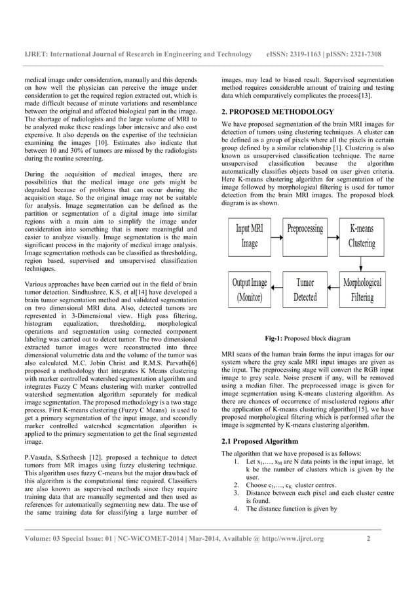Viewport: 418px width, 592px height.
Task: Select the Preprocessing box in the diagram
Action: tap(305, 236)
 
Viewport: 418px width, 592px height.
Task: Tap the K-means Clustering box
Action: tap(362, 236)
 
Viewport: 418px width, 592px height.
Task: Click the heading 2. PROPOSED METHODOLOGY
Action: tap(278, 112)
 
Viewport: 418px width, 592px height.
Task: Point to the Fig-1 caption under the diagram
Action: tap(302, 338)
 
